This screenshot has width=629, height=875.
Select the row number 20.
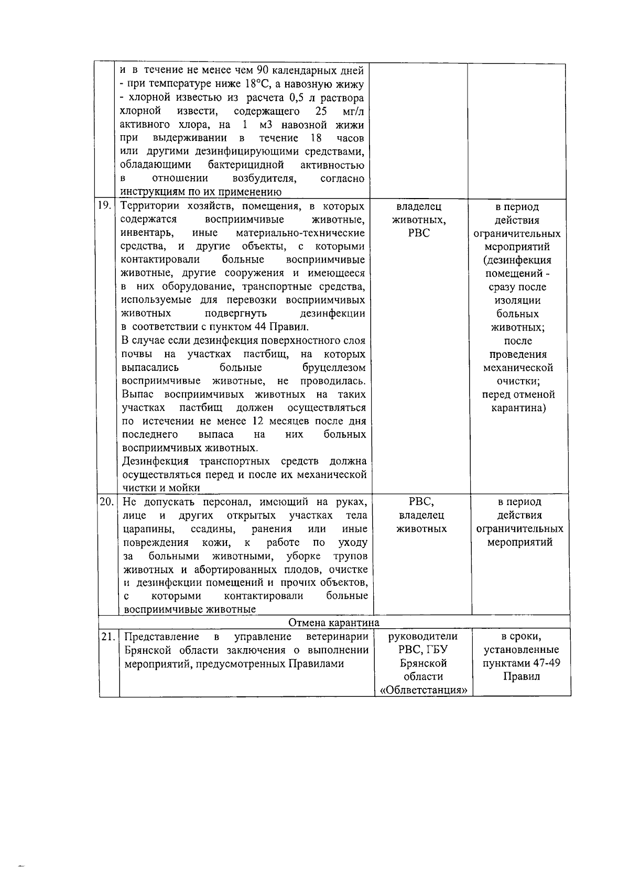106,501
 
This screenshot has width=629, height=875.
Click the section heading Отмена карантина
334,622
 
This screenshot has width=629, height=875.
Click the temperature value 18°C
256,84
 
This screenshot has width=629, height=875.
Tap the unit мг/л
352,112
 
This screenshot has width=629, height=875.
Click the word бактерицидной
246,166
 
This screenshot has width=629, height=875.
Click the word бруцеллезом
334,367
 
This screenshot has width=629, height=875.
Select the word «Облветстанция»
423,690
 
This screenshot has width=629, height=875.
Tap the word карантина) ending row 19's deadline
518,408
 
